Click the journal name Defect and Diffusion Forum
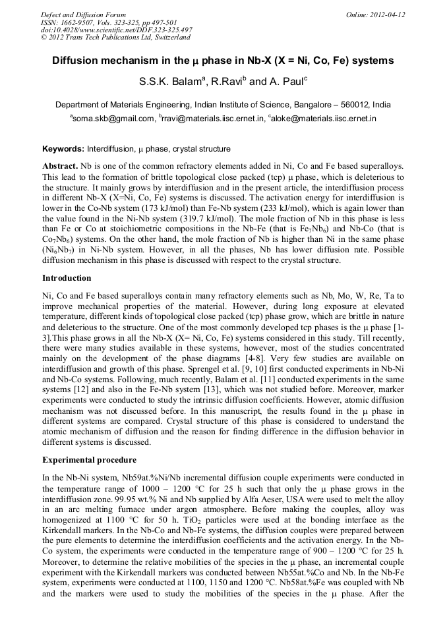click(x=84, y=14)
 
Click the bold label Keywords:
click(x=64, y=150)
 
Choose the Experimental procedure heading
click(x=89, y=459)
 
